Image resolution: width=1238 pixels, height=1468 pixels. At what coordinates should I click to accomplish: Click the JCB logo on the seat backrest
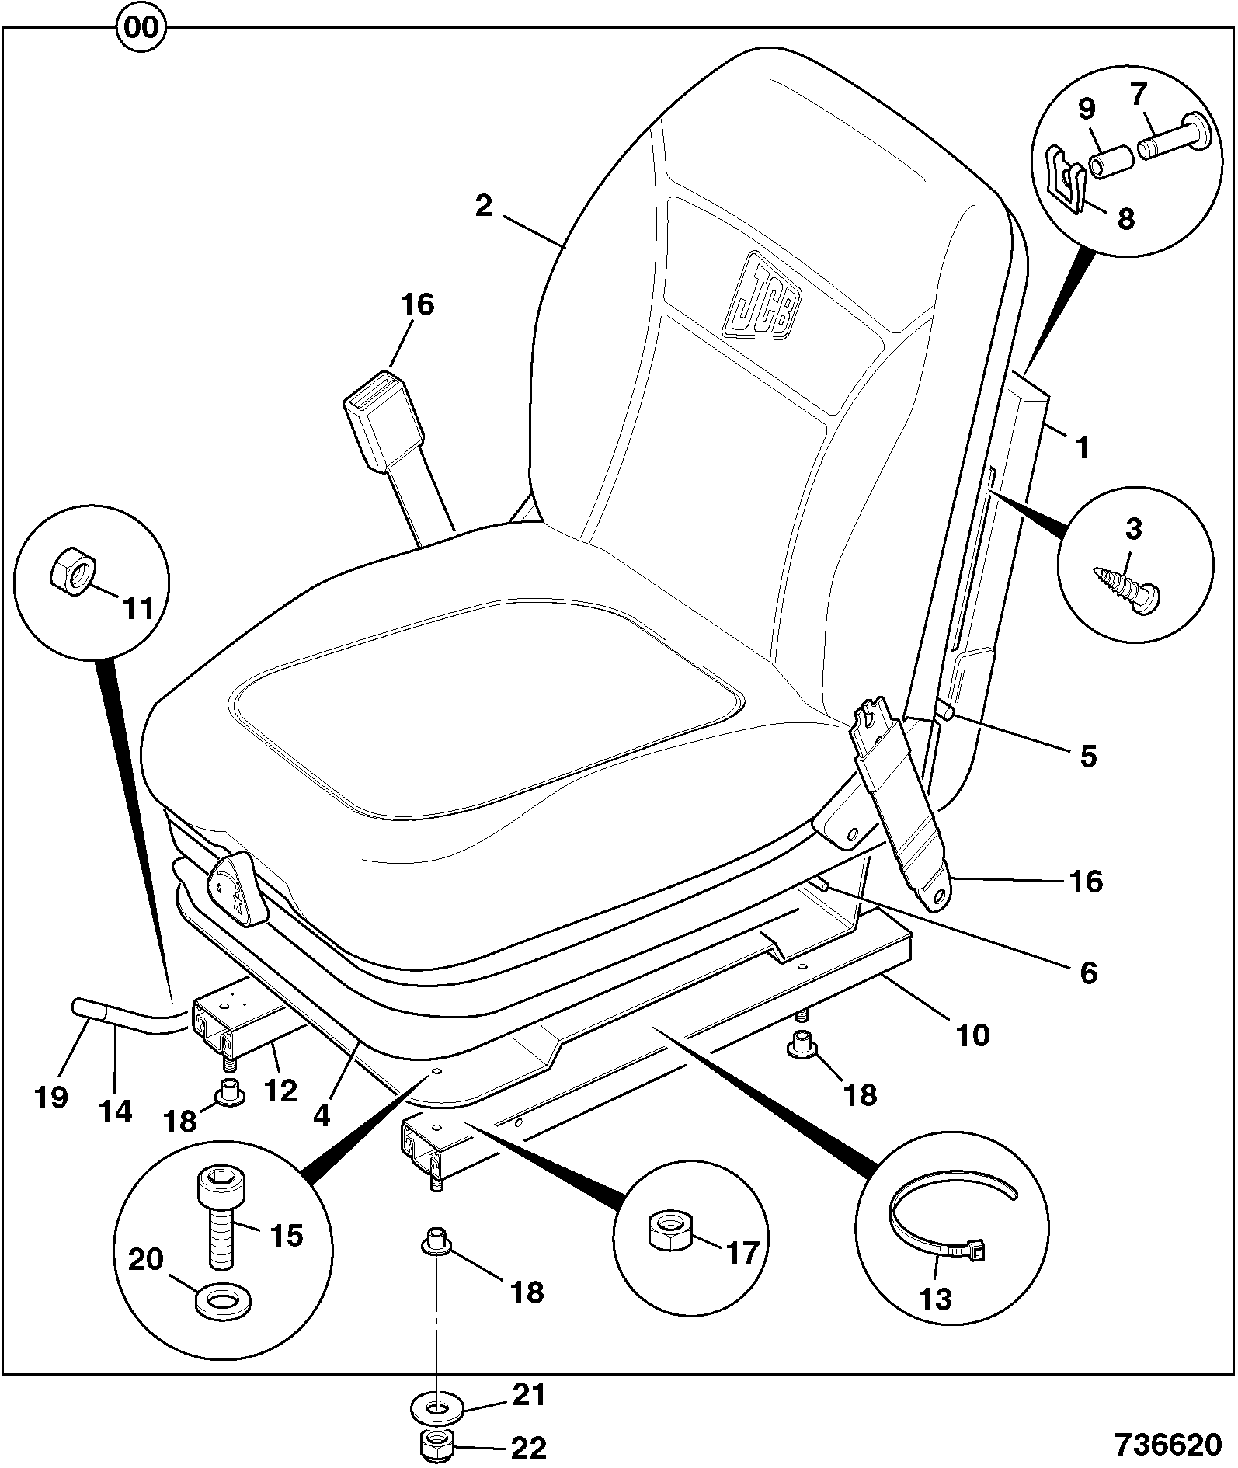(x=762, y=295)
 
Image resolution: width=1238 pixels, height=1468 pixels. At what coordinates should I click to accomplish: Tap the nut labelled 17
(x=671, y=1229)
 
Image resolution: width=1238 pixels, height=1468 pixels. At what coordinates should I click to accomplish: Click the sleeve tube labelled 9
(x=1111, y=159)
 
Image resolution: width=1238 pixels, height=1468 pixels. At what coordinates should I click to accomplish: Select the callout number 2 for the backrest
(x=483, y=206)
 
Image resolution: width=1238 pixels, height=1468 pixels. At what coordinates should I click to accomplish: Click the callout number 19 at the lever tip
(x=51, y=1097)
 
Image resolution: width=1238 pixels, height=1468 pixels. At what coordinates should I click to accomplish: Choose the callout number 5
(x=1088, y=755)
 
